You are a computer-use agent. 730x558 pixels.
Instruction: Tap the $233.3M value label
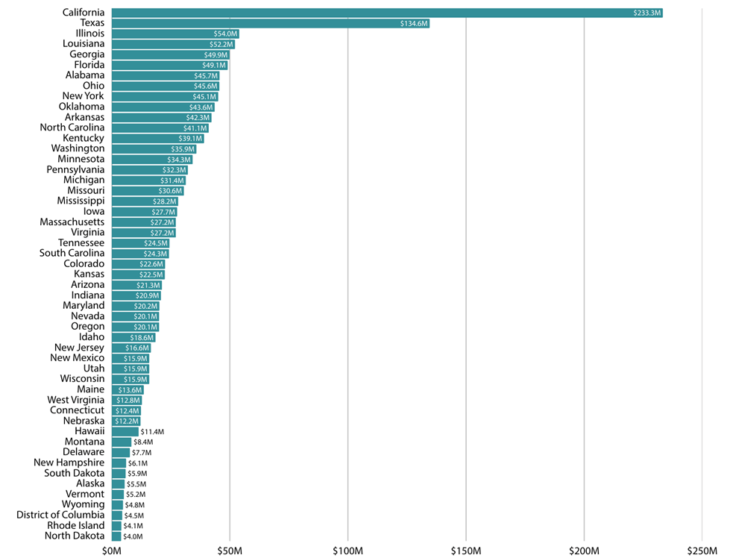[646, 13]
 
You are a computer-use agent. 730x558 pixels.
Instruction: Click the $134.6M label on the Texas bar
[414, 23]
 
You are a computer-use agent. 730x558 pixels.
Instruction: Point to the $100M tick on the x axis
[347, 550]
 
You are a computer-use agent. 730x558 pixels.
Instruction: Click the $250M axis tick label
[702, 550]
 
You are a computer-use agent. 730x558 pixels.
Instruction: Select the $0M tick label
[111, 550]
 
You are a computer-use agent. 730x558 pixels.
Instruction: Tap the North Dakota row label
[75, 536]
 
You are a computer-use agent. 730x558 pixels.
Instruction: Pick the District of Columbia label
[60, 515]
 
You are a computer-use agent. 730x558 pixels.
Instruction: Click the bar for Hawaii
[125, 431]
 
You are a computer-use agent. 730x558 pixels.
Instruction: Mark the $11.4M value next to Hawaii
[152, 431]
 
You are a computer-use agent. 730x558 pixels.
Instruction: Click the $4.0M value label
[133, 536]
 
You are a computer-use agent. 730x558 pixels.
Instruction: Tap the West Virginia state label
[75, 400]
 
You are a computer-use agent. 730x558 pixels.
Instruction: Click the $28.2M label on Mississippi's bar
[165, 201]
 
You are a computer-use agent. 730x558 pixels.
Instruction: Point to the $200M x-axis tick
[584, 550]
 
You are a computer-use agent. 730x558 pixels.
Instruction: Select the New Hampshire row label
[69, 463]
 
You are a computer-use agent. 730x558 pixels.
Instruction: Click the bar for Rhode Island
[116, 525]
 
